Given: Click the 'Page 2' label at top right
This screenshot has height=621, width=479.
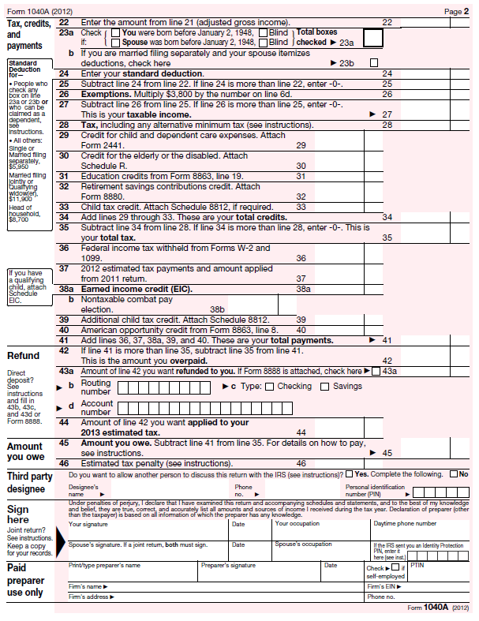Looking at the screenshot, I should pyautogui.click(x=456, y=12).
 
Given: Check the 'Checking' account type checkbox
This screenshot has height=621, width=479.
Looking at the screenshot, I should pyautogui.click(x=269, y=387).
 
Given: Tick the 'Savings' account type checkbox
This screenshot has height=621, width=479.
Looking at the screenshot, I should pyautogui.click(x=324, y=387).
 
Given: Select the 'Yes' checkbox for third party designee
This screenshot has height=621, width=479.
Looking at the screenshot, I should pyautogui.click(x=349, y=474).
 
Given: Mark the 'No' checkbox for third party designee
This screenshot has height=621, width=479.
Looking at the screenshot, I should pyautogui.click(x=453, y=474).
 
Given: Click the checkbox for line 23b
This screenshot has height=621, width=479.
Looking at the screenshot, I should pyautogui.click(x=374, y=62).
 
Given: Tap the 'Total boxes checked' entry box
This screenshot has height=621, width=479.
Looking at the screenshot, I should pyautogui.click(x=373, y=36).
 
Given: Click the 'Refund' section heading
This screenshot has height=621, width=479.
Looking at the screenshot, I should pyautogui.click(x=24, y=356).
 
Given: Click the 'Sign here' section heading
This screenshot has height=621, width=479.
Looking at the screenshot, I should pyautogui.click(x=18, y=514).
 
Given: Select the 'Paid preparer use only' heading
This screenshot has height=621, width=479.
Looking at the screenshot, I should pyautogui.click(x=25, y=579).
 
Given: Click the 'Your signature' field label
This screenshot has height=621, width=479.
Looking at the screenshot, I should pyautogui.click(x=88, y=524).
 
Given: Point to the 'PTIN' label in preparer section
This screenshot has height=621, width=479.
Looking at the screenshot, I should pyautogui.click(x=417, y=565).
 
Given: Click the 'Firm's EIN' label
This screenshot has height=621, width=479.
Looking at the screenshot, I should pyautogui.click(x=381, y=586).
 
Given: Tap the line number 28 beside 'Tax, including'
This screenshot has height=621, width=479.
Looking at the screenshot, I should pyautogui.click(x=64, y=125).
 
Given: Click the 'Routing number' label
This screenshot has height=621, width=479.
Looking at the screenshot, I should pyautogui.click(x=95, y=387).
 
